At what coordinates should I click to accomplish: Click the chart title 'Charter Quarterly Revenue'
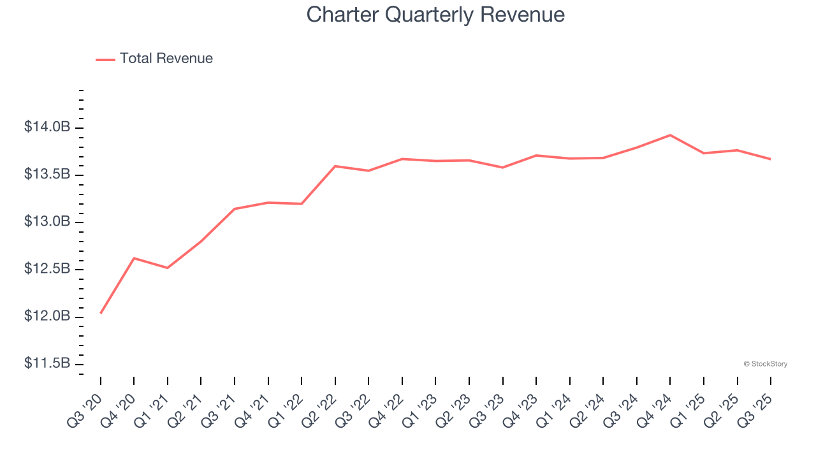tap(435, 15)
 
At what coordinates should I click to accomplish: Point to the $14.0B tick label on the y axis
tap(47, 127)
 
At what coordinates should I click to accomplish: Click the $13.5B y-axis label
tap(47, 175)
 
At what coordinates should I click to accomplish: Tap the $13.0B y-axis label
tap(47, 222)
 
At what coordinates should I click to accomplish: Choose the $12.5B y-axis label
tap(47, 269)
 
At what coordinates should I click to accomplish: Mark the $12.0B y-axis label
tap(47, 316)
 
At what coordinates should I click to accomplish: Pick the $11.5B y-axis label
tap(47, 363)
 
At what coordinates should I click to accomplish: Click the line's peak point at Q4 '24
tap(670, 135)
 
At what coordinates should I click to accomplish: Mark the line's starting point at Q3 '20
tap(101, 313)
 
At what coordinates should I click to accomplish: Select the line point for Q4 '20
tap(134, 258)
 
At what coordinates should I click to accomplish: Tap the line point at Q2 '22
tap(335, 166)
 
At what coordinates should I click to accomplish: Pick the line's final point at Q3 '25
tap(771, 159)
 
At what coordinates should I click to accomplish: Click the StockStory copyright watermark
tap(766, 364)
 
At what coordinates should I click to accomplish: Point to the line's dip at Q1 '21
tap(168, 268)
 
